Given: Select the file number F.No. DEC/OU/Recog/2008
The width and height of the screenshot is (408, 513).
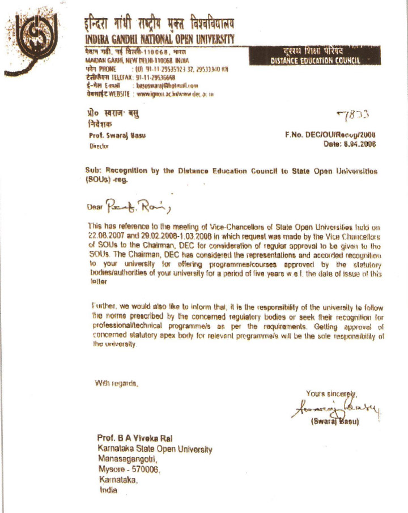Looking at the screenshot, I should coord(330,135).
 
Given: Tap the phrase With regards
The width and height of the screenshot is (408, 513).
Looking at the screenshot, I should coord(117,383).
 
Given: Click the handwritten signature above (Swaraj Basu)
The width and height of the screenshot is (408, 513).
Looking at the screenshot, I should coord(338,409).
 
